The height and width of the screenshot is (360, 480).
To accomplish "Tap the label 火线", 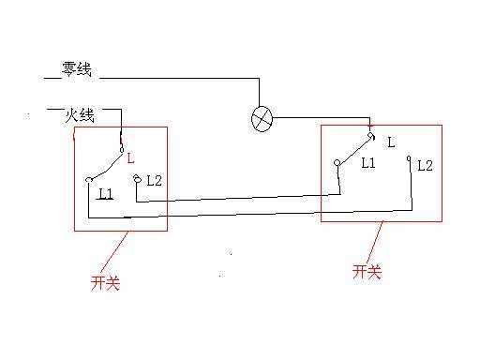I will [80, 115].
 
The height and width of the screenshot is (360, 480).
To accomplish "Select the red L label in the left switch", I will [130, 158].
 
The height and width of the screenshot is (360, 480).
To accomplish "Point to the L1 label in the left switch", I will [105, 193].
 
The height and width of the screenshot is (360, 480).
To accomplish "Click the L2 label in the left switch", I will [155, 180].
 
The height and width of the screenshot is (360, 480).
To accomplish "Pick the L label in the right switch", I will [391, 143].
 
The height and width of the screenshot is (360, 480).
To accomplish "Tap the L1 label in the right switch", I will [368, 162].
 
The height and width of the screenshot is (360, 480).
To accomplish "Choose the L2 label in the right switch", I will [425, 165].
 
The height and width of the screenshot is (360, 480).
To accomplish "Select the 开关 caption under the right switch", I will [367, 272].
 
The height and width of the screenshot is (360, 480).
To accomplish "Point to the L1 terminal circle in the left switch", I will [88, 178].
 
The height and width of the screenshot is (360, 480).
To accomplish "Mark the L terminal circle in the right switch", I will [371, 137].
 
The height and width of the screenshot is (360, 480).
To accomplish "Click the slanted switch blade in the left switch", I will [105, 163].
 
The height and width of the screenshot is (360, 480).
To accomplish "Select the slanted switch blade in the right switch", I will [354, 149].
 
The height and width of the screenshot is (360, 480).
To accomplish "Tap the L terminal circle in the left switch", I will [121, 148].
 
